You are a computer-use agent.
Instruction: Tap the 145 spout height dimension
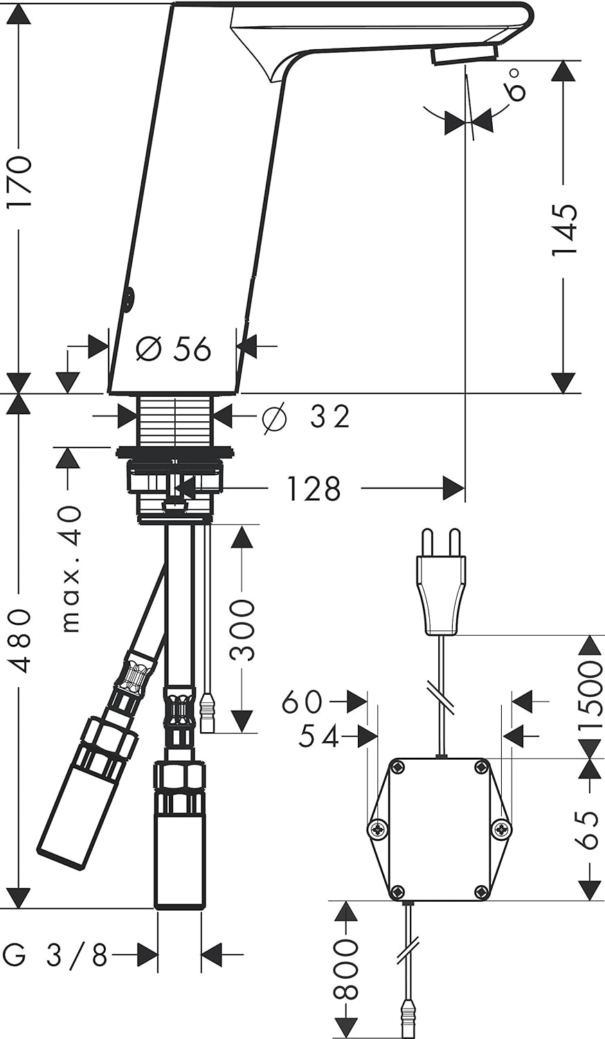564,229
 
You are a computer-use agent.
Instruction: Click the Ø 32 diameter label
305,416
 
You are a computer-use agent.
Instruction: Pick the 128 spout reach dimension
314,488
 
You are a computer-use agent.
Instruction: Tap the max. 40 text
71,569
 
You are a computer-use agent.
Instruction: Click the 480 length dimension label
21,641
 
